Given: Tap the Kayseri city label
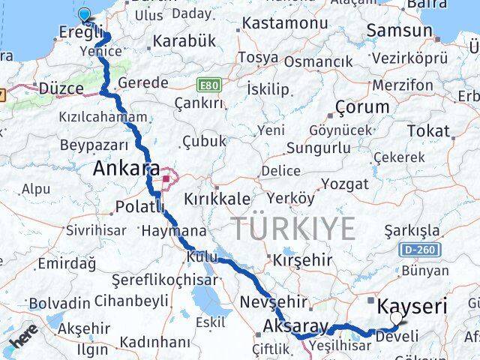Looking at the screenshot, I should coord(412,306).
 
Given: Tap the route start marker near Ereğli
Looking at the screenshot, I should coord(84,13).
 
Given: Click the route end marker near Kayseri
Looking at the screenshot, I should coord(395,319).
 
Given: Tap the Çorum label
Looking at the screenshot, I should coord(362,106).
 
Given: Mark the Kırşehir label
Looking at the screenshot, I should coord(302,259).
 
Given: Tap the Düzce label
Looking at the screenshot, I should coord(61,88).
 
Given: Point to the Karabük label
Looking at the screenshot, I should coord(184,41).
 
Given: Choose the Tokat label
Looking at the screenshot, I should coord(429,130).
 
